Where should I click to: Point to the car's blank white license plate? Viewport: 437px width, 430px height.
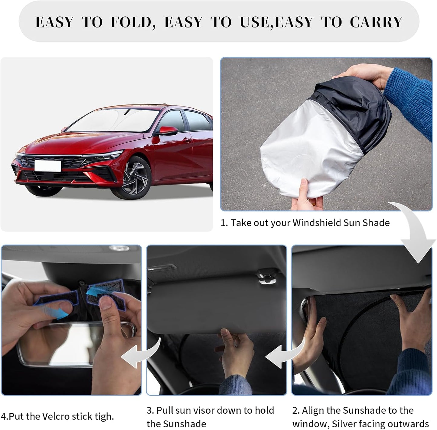47,166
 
